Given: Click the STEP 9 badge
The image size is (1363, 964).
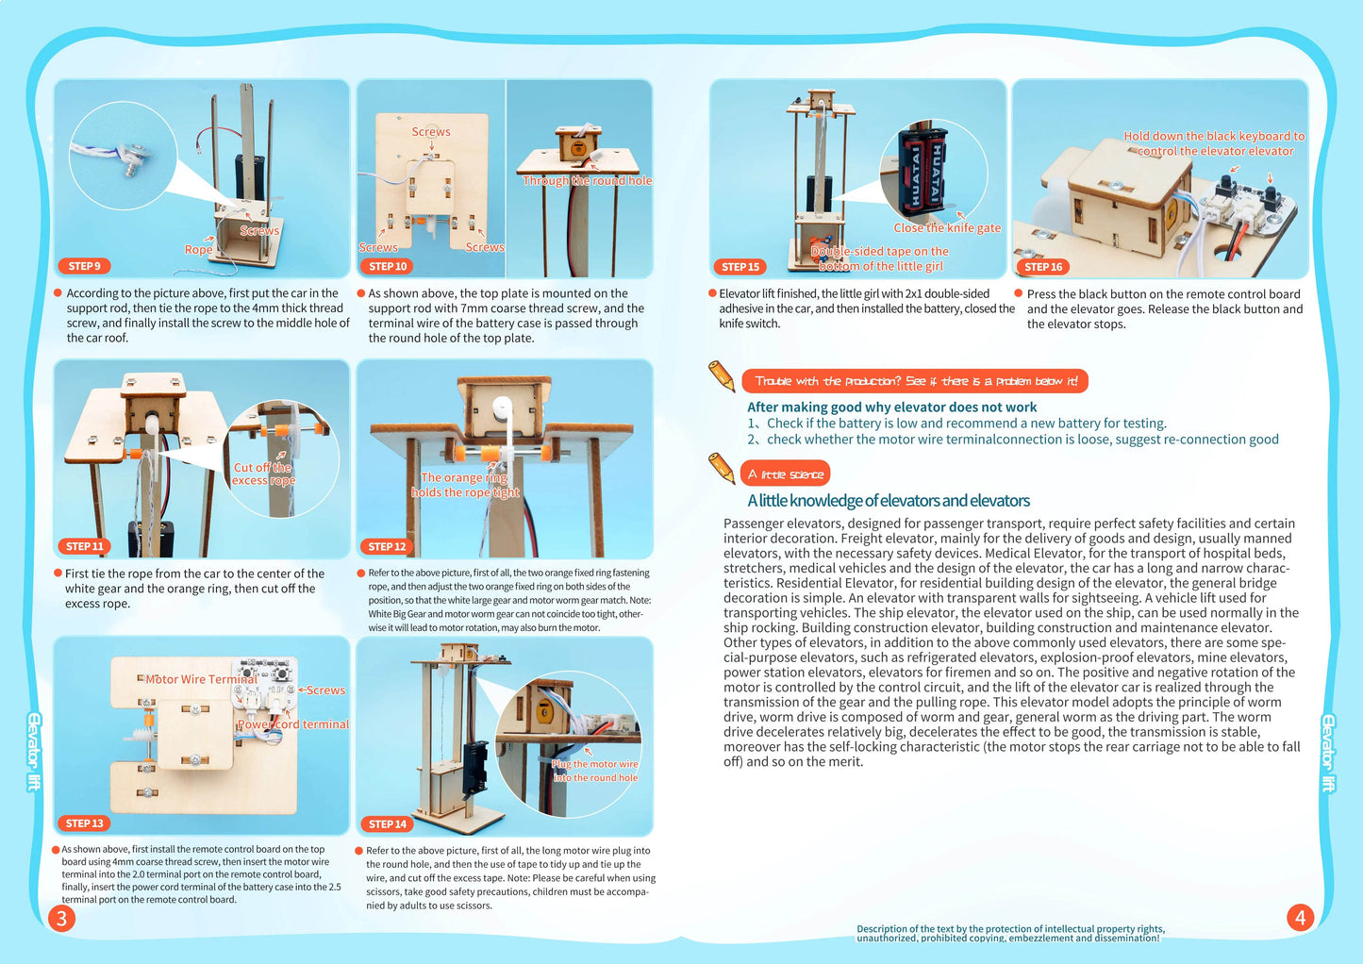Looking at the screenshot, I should click(84, 266).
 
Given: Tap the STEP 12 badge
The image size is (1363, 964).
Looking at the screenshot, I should click(387, 546).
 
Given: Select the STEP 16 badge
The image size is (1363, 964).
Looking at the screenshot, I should click(1043, 267).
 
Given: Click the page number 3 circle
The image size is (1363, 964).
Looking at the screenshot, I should click(61, 918).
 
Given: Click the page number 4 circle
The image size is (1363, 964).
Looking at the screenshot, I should click(1300, 918).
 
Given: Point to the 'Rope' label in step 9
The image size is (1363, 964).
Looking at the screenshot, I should click(198, 249).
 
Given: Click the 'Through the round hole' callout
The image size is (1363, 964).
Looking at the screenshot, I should click(587, 180).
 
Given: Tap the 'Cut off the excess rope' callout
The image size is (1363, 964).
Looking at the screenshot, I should click(263, 474).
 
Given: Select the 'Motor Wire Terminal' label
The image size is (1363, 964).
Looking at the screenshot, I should click(201, 679).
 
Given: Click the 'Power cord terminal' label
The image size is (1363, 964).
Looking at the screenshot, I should click(292, 724).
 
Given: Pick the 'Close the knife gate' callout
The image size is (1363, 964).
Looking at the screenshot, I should click(947, 227).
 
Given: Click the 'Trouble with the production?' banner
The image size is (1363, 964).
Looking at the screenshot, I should click(915, 381).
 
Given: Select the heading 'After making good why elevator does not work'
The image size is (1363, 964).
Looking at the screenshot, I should click(891, 407).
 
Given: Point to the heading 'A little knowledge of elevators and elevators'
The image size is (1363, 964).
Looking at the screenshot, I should click(889, 501).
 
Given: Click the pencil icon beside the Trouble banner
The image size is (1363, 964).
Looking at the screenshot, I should click(722, 375).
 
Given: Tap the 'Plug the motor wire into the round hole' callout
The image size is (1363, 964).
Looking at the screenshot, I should click(595, 771).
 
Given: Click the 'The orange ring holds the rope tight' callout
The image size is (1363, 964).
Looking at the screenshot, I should click(464, 485).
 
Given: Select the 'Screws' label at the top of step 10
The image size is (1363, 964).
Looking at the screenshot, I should click(431, 132).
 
